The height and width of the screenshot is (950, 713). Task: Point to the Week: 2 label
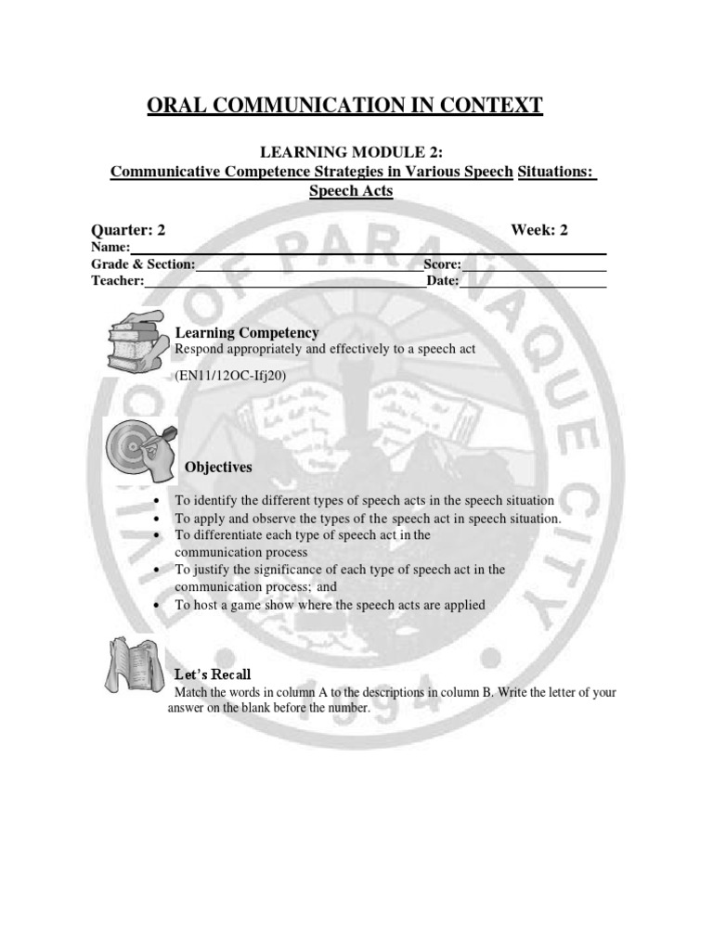coord(539,230)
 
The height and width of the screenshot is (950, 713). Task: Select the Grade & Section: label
coord(143,264)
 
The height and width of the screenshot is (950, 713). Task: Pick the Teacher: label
coord(117,281)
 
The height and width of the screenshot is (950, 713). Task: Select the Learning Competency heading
coord(247,332)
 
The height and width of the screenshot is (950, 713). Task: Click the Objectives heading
coord(218,467)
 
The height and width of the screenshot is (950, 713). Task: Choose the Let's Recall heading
coord(213,674)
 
